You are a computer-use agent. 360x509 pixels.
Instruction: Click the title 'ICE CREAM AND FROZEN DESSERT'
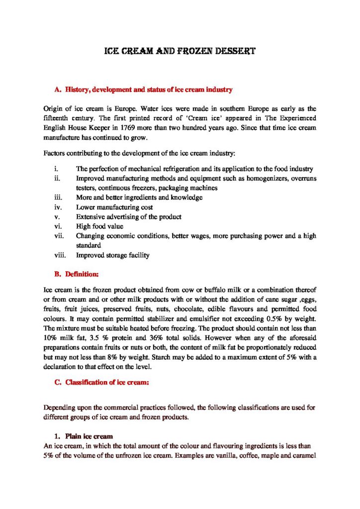pos(180,51)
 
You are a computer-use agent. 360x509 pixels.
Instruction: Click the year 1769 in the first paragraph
pos(143,127)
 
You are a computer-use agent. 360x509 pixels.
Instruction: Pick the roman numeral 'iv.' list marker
pos(57,207)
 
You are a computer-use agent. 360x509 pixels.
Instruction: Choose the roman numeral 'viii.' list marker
pos(59,255)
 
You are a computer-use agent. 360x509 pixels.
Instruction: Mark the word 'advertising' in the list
pos(123,217)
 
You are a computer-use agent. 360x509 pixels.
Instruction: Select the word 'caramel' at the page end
pos(303,455)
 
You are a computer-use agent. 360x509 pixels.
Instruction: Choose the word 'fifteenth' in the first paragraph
pos(58,117)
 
